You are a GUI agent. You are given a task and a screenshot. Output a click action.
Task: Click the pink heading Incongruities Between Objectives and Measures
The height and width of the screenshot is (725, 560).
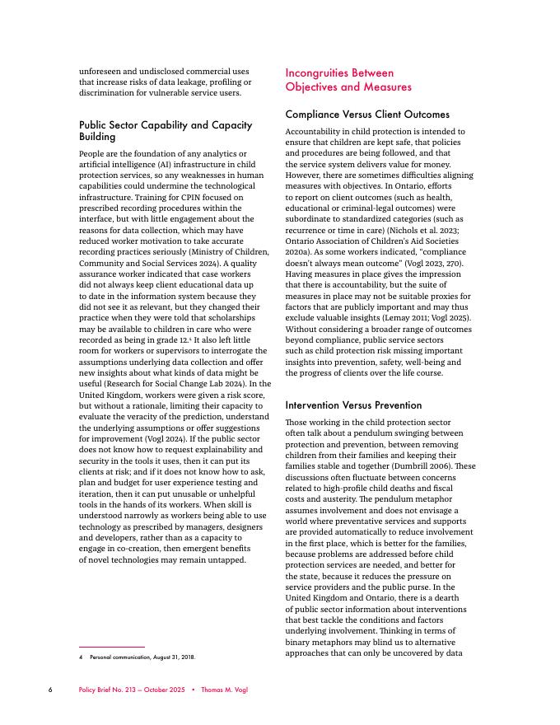(x=348, y=80)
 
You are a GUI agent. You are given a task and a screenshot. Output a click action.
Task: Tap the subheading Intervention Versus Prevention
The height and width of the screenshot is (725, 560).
(x=353, y=405)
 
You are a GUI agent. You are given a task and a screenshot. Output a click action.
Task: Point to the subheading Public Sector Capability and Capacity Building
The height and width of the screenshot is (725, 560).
(x=166, y=130)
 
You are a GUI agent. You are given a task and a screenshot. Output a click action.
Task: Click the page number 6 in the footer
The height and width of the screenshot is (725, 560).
(x=50, y=690)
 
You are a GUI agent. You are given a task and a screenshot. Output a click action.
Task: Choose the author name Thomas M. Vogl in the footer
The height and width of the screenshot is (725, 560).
(x=223, y=690)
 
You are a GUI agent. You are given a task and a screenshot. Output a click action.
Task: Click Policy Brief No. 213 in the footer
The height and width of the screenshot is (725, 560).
(x=113, y=690)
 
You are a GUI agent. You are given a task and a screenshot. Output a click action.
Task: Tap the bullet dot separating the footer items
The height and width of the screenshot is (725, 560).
(x=192, y=690)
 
